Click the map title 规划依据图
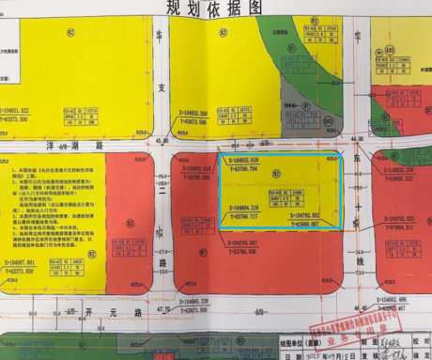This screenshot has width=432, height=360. [x=215, y=7]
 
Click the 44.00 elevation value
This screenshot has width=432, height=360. [x=355, y=140]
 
